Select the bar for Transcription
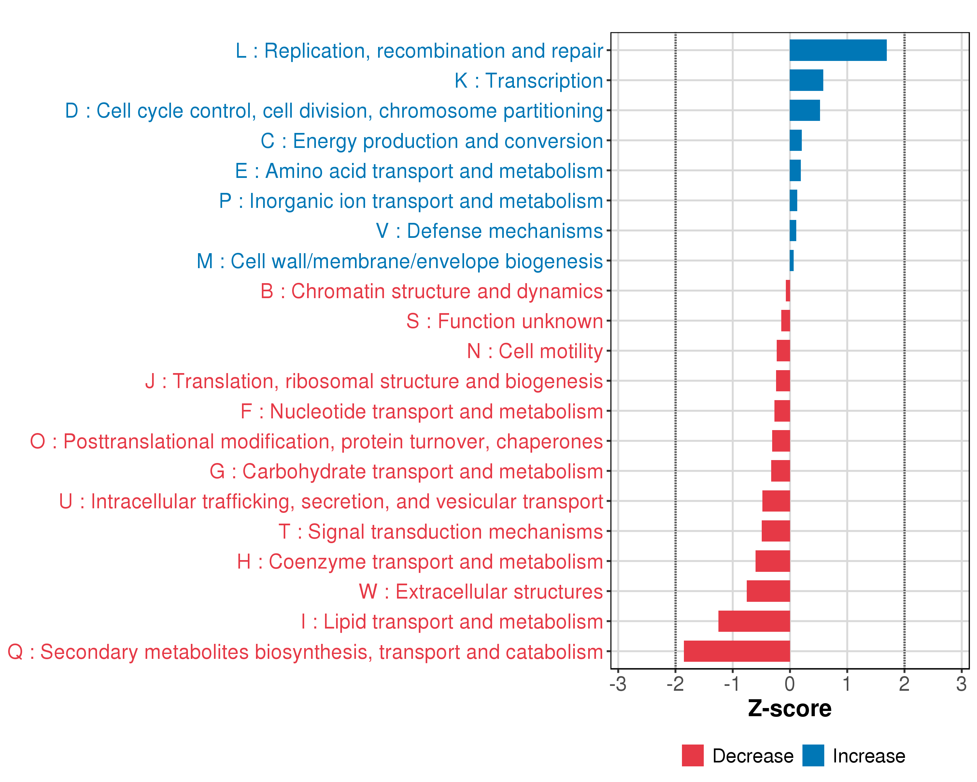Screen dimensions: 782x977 tap(806, 80)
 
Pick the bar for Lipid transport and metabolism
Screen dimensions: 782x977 tap(754, 621)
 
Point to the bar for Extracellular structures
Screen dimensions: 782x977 tap(768, 591)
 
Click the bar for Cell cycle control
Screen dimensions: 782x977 tap(804, 110)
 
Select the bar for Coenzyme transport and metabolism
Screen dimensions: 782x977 tap(772, 561)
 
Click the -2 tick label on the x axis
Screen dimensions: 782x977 tap(675, 684)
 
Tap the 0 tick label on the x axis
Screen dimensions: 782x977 tap(789, 684)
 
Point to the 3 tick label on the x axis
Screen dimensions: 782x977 tap(961, 684)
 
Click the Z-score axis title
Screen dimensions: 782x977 tap(789, 709)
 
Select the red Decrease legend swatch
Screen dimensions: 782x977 tap(692, 755)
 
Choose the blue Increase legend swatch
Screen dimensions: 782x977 tap(813, 755)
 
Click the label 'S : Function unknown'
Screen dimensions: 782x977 tap(504, 321)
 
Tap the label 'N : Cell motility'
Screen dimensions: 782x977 tap(535, 351)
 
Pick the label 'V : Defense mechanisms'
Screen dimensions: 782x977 tap(489, 231)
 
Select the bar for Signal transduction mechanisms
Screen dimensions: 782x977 tap(775, 531)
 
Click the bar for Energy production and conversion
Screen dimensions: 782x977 tap(795, 140)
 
